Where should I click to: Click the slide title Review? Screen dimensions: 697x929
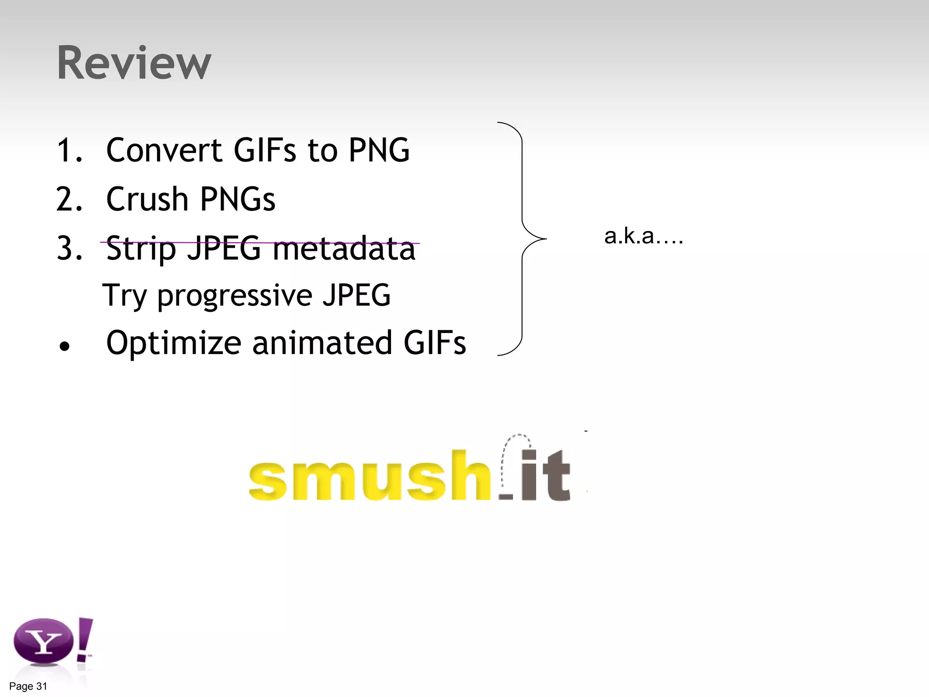[x=134, y=63]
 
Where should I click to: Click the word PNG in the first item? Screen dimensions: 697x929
[x=379, y=150]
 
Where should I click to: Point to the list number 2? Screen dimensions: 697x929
[x=69, y=199]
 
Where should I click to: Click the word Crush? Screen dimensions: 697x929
[x=147, y=199]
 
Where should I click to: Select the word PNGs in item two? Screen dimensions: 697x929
[x=237, y=199]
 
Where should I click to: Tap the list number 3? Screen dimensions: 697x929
[x=69, y=249]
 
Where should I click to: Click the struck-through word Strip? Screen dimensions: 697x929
[x=141, y=249]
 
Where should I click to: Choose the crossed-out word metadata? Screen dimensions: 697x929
[x=344, y=249]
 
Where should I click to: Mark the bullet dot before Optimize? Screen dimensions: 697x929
[x=65, y=347]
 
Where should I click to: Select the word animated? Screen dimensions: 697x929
[x=322, y=343]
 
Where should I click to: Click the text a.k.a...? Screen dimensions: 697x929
[x=643, y=236]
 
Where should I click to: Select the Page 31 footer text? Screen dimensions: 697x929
[x=28, y=686]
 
